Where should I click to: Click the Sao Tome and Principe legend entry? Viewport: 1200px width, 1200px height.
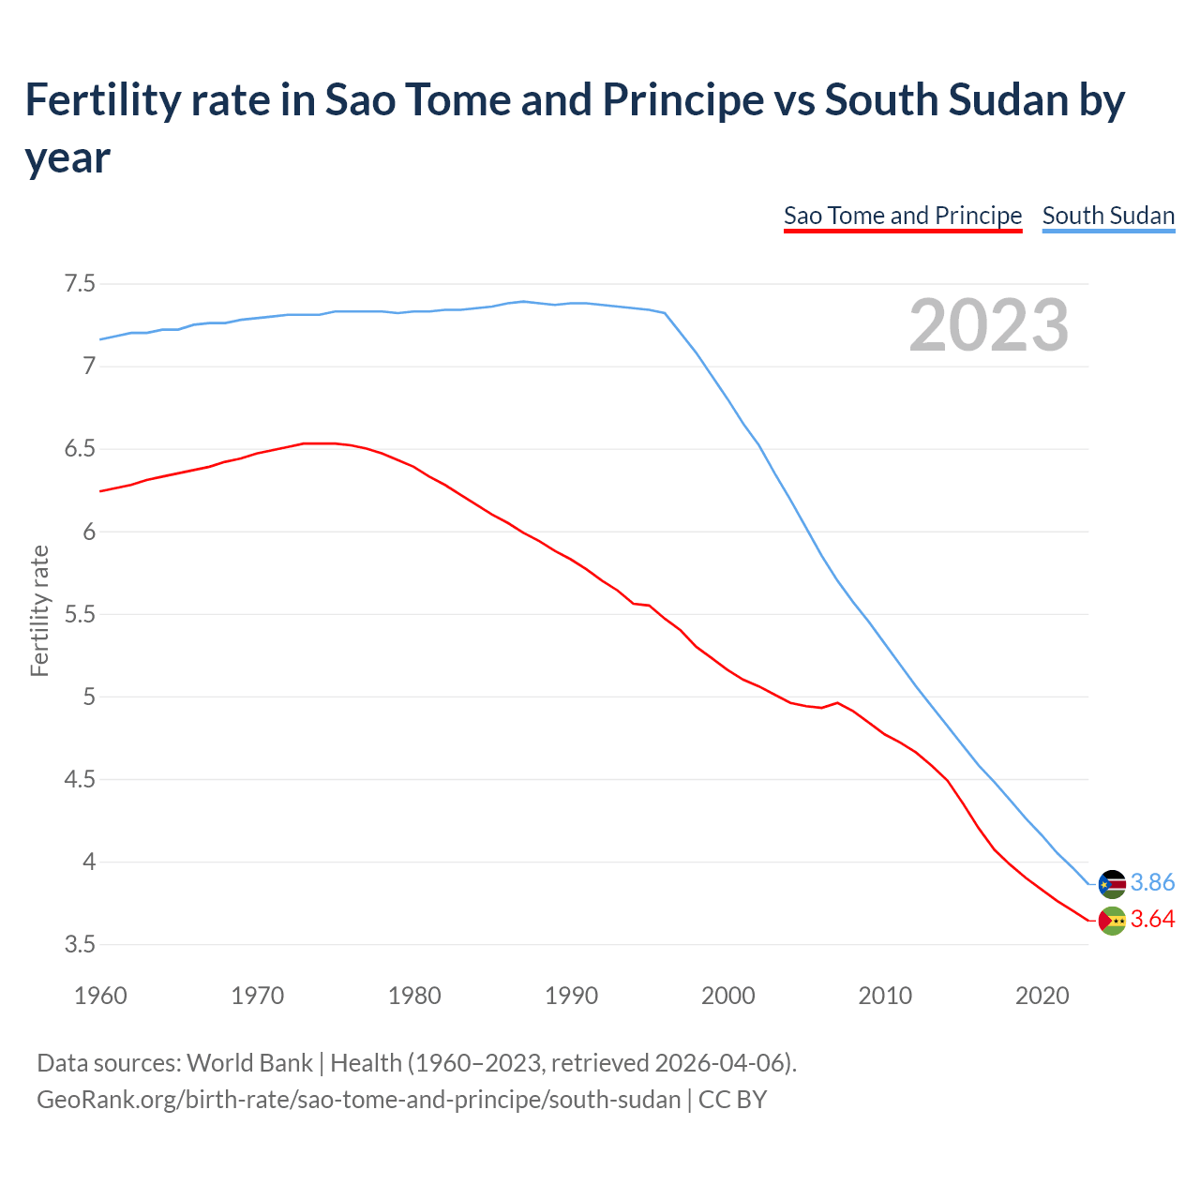coord(902,216)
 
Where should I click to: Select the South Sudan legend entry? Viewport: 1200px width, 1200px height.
coord(1108,216)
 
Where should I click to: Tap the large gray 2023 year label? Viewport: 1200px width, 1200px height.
coord(989,325)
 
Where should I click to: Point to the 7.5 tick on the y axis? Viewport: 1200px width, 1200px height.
coord(80,283)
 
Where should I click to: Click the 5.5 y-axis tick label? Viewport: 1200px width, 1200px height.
coord(80,614)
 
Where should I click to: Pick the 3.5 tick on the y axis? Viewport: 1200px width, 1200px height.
coord(80,944)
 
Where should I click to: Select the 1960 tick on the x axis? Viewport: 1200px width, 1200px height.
coord(100,996)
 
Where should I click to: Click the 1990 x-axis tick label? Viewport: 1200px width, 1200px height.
coord(571,996)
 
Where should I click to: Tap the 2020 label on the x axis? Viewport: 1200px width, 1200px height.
coord(1042,996)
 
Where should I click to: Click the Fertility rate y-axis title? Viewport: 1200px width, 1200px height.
coord(39,610)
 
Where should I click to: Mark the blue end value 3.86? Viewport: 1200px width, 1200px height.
coord(1152,883)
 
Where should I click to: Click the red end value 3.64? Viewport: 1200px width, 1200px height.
coord(1152,920)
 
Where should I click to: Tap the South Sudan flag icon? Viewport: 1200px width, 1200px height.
coord(1112,884)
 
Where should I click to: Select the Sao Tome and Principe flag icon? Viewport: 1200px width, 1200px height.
coord(1112,921)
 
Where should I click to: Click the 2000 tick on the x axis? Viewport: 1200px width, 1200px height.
coord(727,996)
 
